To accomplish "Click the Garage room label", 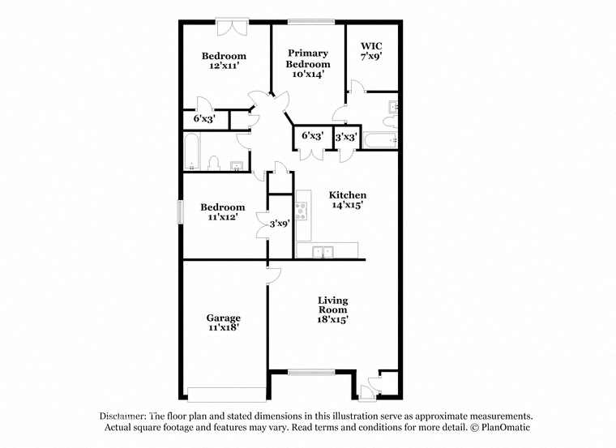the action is (224, 318).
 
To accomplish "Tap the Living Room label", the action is (333, 305).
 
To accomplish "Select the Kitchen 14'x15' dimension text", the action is (347, 205).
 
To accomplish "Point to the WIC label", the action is (371, 46).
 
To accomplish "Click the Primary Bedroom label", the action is (308, 58).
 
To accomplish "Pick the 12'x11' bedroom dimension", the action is (225, 66).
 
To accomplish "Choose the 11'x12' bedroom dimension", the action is (223, 216).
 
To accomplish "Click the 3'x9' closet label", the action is (280, 224).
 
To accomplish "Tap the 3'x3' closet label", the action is (346, 138).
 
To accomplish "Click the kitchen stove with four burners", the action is (302, 211).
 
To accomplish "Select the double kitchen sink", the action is (323, 252).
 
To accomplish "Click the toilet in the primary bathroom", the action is (391, 121).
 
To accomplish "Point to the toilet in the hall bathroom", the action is (213, 163).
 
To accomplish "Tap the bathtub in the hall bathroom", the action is (192, 151).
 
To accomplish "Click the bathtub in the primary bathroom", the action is (381, 140).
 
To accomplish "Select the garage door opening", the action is (227, 395).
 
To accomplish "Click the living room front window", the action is (311, 372).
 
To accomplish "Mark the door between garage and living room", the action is (273, 276).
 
